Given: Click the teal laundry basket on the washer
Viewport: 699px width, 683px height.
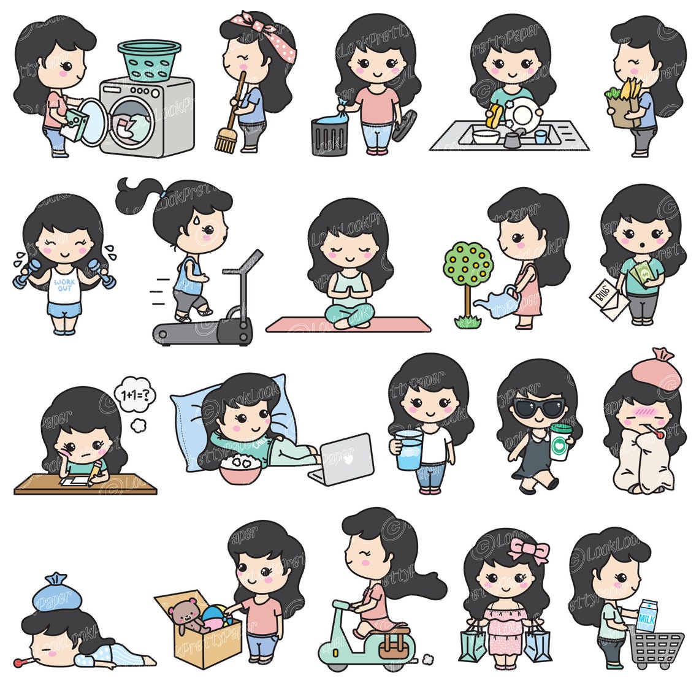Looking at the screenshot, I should tap(149, 59).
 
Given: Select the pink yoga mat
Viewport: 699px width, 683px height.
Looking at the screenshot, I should tap(348, 324).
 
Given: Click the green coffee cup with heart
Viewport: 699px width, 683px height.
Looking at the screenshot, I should tap(559, 440).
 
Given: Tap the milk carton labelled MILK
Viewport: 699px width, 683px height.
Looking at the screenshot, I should tap(647, 616).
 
